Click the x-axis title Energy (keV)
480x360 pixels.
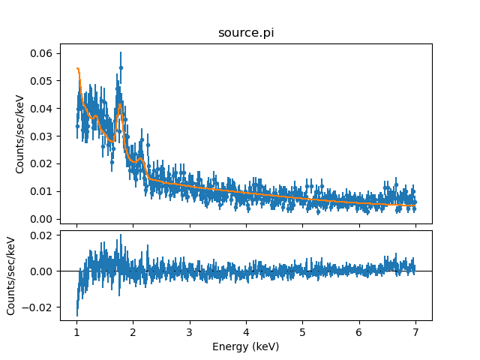click(245, 346)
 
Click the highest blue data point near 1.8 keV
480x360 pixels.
click(121, 67)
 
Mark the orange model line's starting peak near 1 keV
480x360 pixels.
click(77, 68)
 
